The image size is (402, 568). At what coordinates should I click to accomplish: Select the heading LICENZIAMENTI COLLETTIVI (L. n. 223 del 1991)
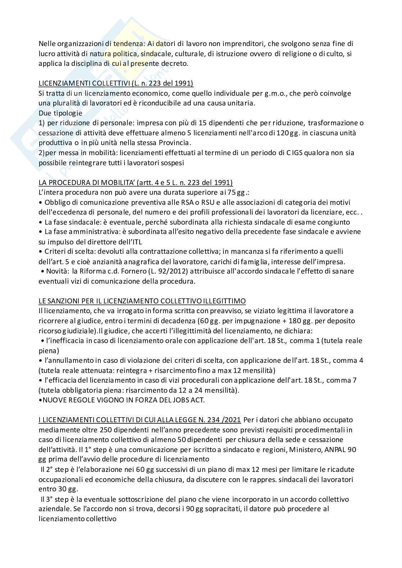tap(116, 84)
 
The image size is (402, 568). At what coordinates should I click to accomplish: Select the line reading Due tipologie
tap(60, 113)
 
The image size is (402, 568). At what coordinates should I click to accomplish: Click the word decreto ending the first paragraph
tap(175, 64)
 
